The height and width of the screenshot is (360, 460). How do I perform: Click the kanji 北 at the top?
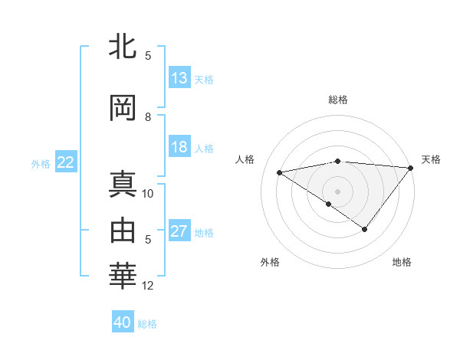(123, 47)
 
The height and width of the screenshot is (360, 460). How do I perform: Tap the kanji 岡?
(123, 108)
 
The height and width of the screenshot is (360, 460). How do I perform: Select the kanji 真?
(123, 184)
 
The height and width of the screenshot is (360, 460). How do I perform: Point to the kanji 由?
(123, 230)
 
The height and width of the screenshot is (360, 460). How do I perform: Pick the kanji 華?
(123, 276)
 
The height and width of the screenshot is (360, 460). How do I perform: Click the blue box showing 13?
(179, 78)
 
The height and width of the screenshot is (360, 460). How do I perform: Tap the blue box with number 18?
(179, 148)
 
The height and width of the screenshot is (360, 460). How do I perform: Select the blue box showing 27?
(179, 232)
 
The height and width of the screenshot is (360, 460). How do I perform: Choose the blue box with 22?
(65, 162)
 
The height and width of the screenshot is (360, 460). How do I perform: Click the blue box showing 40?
(123, 322)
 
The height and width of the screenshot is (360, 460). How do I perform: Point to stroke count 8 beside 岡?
(148, 117)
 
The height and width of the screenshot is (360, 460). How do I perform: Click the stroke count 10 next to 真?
(148, 193)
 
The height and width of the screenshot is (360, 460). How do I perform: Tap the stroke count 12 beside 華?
(148, 286)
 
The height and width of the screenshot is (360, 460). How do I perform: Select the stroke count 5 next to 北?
(148, 56)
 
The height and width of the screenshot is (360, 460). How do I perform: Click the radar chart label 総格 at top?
(338, 100)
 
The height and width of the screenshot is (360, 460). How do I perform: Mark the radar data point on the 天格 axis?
(411, 168)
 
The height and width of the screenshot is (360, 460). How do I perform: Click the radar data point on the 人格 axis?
(279, 172)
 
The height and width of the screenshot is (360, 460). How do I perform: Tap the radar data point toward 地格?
(365, 229)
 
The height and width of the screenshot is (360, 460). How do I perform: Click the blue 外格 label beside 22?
(40, 163)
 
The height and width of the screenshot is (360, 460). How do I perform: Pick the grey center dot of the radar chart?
(337, 191)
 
